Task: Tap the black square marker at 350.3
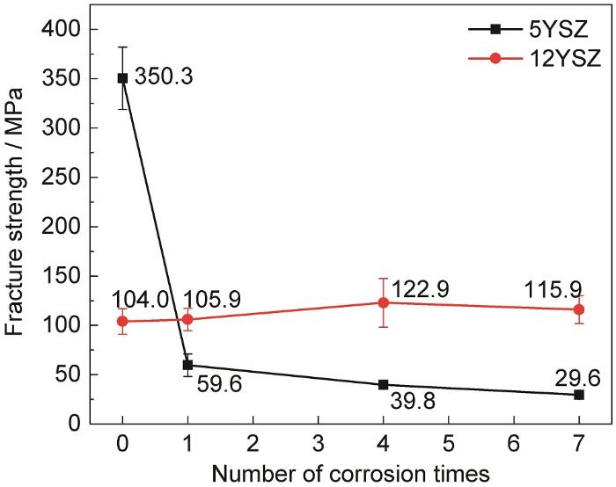click(x=123, y=78)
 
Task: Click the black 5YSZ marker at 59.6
click(x=187, y=365)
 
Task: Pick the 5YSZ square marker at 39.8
click(x=383, y=384)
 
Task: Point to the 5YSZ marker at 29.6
click(x=578, y=395)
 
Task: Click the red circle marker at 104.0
click(x=123, y=321)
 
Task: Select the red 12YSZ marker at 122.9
click(x=383, y=302)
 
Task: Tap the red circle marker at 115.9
click(x=578, y=309)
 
